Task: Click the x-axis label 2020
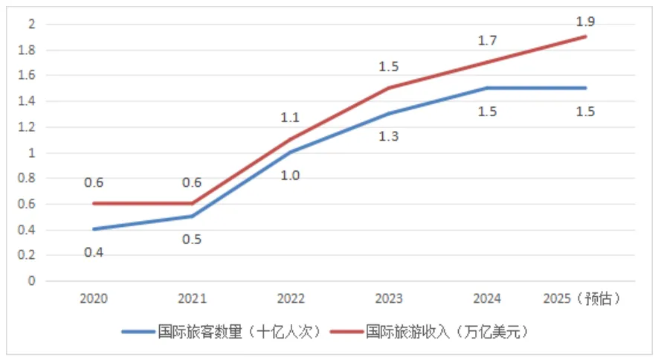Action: coord(94,299)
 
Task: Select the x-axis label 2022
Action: coord(290,299)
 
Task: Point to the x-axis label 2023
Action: coord(389,299)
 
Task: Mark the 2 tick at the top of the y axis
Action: coord(31,24)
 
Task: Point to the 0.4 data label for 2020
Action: coord(94,252)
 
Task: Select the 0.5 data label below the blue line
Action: coord(192,240)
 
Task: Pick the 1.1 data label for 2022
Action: coord(290,118)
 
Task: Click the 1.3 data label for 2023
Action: coord(389,136)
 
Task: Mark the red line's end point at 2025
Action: coord(585,36)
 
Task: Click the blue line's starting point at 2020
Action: coord(94,229)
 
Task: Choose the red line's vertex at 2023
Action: coord(389,88)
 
